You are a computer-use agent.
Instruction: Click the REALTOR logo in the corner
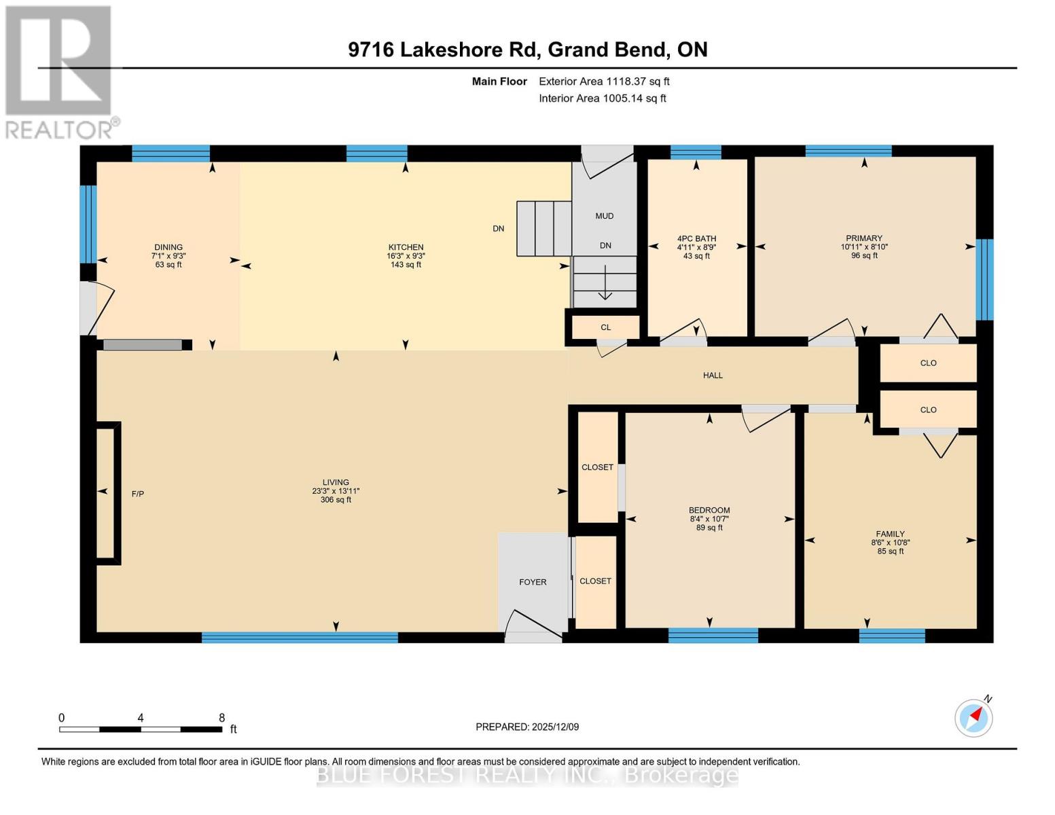click(60, 71)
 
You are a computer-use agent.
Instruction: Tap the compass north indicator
click(973, 717)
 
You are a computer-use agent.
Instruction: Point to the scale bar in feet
click(141, 729)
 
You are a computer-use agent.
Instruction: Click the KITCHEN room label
click(406, 247)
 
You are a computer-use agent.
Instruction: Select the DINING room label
click(168, 247)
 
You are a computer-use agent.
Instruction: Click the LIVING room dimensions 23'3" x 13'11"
click(336, 491)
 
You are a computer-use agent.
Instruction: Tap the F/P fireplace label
click(137, 494)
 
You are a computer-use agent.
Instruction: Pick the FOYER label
click(533, 582)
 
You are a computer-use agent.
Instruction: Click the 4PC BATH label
click(696, 238)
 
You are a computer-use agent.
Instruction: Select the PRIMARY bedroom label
click(863, 238)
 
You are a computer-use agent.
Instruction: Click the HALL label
click(713, 375)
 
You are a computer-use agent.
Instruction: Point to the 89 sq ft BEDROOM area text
click(709, 528)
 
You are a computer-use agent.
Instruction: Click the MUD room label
click(604, 216)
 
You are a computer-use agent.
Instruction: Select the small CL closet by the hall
click(605, 327)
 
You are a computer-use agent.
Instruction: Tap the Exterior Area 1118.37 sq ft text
click(604, 81)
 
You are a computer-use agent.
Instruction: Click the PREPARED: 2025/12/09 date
click(527, 727)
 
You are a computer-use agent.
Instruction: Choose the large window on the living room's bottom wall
click(300, 637)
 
